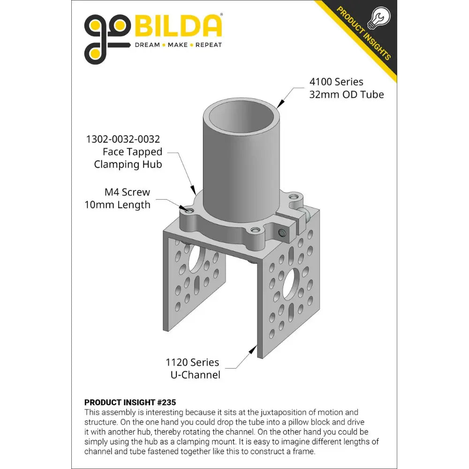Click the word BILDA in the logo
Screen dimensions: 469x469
[178, 26]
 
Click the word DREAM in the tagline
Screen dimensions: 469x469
[147, 45]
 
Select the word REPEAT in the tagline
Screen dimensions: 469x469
[209, 45]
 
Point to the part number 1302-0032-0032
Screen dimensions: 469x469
[123, 139]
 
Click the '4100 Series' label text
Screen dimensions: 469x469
[336, 82]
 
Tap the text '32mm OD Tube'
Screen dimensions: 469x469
[347, 95]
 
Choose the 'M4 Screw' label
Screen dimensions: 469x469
[127, 192]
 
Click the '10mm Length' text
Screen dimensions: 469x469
[117, 205]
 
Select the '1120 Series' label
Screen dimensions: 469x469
[192, 362]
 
